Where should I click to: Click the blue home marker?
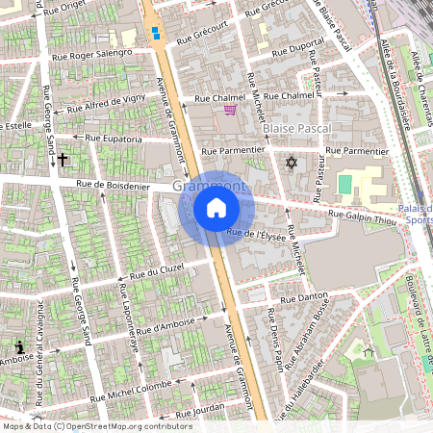pos(216,207)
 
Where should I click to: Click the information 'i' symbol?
pos(19,345)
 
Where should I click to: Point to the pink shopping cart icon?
pos(230,111)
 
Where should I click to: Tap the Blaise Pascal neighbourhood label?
pos(296,127)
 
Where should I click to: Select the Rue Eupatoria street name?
pos(115,140)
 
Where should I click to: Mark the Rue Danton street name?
pos(298,299)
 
